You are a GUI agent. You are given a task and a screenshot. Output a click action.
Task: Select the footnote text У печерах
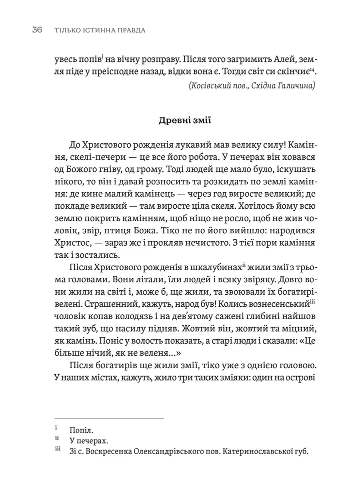(x=89, y=441)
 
